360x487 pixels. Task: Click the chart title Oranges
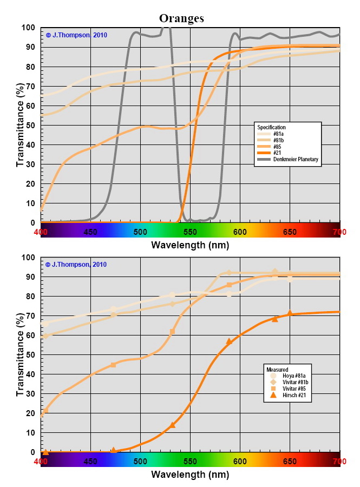point(181,18)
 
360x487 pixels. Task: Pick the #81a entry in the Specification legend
point(280,134)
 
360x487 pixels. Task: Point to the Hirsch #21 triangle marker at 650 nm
point(290,313)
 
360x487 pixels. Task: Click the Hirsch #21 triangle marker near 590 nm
point(229,341)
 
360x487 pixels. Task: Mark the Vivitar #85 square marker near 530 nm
point(172,332)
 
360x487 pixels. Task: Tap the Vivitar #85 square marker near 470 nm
point(113,365)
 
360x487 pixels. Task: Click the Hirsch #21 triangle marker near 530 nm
point(172,425)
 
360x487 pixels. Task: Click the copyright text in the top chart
point(76,35)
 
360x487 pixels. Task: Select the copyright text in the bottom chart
point(76,265)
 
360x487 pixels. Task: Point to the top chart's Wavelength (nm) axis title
point(190,245)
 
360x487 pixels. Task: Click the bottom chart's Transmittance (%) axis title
point(20,354)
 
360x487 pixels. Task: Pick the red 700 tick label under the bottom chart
point(339,461)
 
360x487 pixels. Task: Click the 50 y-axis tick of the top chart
point(31,125)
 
